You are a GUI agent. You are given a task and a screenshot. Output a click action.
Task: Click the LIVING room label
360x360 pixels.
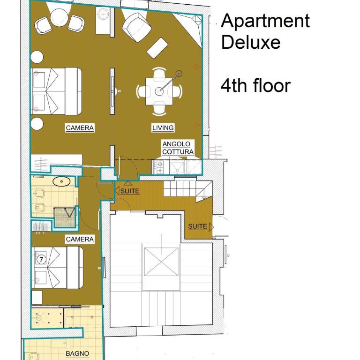(163, 127)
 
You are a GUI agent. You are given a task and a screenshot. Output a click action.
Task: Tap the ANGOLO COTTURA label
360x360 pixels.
(178, 148)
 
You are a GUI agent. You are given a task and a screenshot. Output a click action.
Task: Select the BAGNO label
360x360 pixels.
(77, 353)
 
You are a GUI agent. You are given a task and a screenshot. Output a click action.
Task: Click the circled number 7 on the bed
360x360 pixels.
(41, 259)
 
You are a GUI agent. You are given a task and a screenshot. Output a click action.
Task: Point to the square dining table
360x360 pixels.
(159, 91)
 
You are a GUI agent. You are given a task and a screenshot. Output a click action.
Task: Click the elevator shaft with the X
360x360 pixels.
(161, 262)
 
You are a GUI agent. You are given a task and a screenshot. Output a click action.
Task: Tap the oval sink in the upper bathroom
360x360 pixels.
(61, 181)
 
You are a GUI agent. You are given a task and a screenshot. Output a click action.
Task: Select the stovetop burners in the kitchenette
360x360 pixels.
(160, 167)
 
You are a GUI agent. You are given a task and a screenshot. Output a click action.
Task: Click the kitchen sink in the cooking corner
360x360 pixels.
(177, 167)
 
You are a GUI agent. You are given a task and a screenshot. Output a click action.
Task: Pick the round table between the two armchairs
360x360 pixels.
(59, 17)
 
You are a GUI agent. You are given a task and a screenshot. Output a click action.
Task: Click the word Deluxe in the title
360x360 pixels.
(251, 42)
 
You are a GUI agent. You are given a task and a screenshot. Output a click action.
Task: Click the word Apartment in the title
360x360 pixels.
(265, 21)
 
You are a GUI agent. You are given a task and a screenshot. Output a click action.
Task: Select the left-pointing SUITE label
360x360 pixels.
(127, 191)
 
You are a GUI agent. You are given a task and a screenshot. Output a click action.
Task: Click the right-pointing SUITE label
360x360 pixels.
(201, 226)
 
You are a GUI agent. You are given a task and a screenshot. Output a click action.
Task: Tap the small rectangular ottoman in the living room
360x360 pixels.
(157, 48)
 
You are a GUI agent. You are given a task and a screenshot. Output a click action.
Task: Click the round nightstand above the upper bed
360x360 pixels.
(37, 57)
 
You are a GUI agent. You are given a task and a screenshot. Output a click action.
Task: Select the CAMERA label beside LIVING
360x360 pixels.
(80, 128)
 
